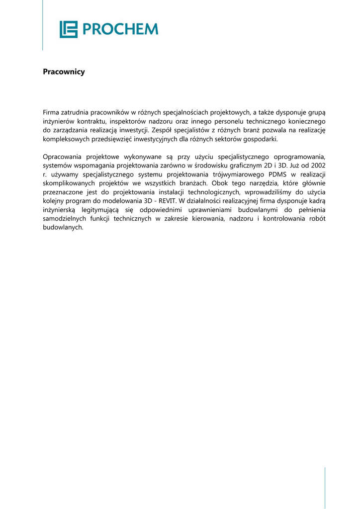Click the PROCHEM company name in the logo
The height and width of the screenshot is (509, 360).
[120, 29]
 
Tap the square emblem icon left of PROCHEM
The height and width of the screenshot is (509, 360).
[69, 29]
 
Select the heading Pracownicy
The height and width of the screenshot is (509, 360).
[64, 72]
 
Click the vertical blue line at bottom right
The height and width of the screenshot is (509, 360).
[325, 487]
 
